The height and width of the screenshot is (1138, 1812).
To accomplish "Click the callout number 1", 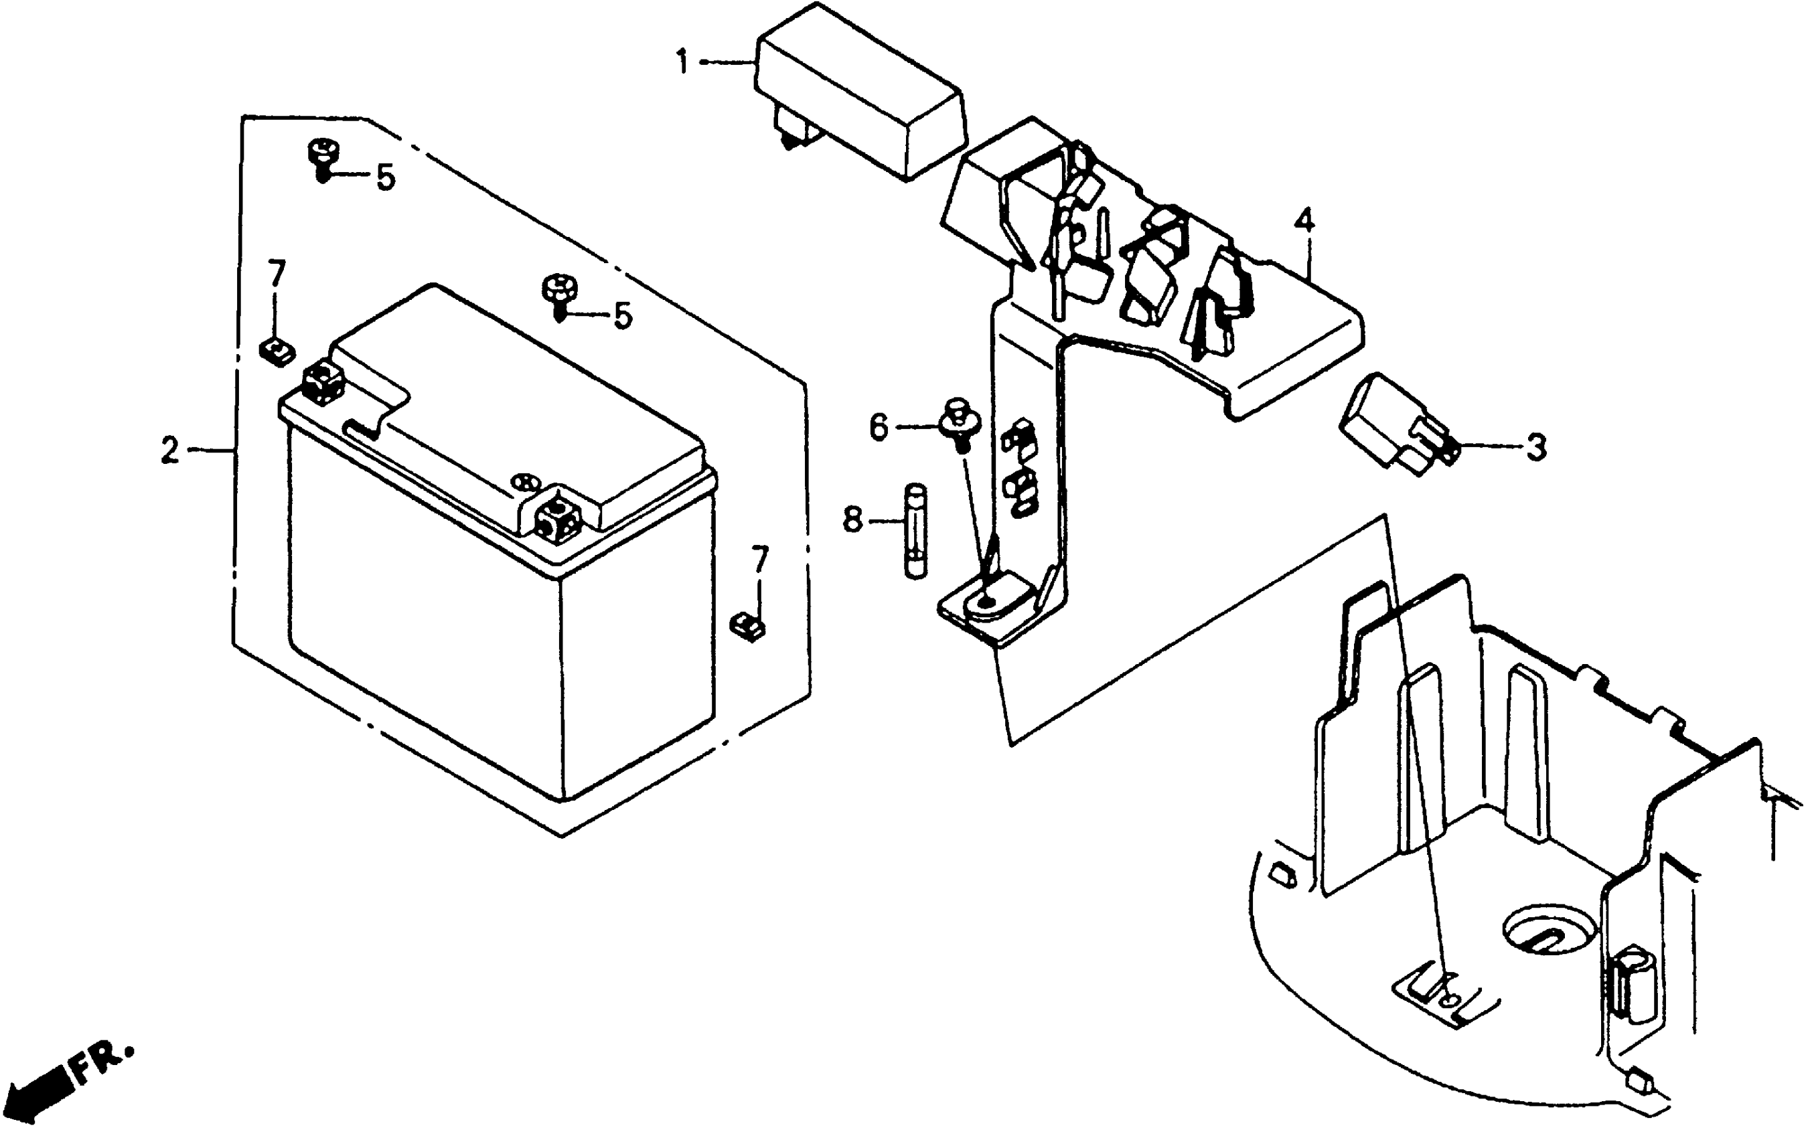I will pyautogui.click(x=682, y=62).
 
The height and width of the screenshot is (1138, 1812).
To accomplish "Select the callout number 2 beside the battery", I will pyautogui.click(x=170, y=451).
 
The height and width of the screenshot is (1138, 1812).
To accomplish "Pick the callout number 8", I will pyautogui.click(x=852, y=519).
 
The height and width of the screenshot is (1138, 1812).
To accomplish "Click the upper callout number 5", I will pyautogui.click(x=385, y=178).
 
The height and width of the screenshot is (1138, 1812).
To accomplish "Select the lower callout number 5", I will pyautogui.click(x=622, y=316).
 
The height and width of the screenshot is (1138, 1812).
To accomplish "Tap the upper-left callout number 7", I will pyautogui.click(x=277, y=274).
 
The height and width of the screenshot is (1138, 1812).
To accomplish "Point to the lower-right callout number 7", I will pyautogui.click(x=760, y=560).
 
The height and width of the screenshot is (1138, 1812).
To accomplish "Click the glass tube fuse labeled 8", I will pyautogui.click(x=915, y=532).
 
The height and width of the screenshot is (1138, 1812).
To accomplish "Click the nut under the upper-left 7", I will pyautogui.click(x=277, y=351).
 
